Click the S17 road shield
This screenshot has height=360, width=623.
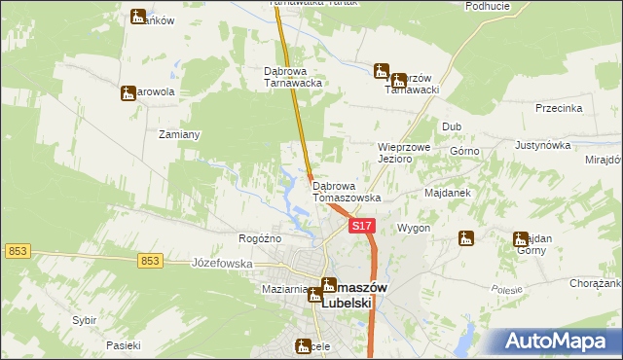pyautogui.click(x=362, y=226)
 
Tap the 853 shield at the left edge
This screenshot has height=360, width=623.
pyautogui.click(x=17, y=251)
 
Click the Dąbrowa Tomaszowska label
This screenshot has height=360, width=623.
pyautogui.click(x=347, y=192)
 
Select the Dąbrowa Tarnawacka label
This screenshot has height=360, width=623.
pyautogui.click(x=293, y=77)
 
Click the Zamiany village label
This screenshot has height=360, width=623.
pyautogui.click(x=179, y=135)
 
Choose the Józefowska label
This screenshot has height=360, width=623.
pyautogui.click(x=222, y=263)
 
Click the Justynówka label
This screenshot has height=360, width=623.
pyautogui.click(x=542, y=145)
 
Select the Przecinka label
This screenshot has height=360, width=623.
pyautogui.click(x=558, y=109)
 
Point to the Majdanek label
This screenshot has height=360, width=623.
pyautogui.click(x=448, y=193)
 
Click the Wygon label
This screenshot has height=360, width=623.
pyautogui.click(x=414, y=228)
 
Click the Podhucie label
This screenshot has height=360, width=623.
pyautogui.click(x=488, y=6)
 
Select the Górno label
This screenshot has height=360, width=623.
pyautogui.click(x=465, y=152)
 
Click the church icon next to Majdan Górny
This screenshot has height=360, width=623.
pyautogui.click(x=521, y=238)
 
